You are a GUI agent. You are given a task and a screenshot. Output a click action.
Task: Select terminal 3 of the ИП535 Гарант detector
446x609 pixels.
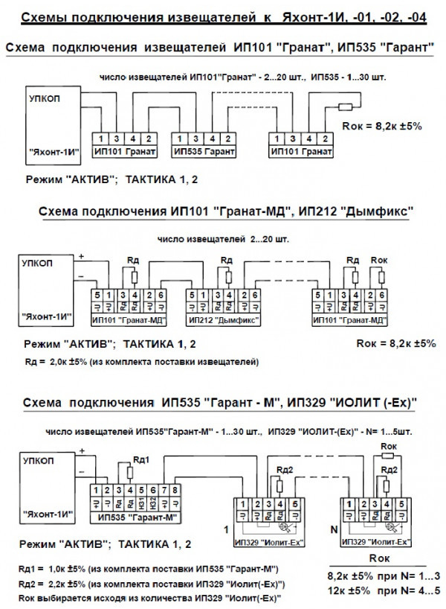pos(192,139)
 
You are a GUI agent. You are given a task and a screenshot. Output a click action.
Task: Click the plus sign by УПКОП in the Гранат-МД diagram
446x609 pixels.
pos(80,256)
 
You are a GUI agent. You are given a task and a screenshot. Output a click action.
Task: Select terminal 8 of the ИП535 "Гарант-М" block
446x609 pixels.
pos(175,491)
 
